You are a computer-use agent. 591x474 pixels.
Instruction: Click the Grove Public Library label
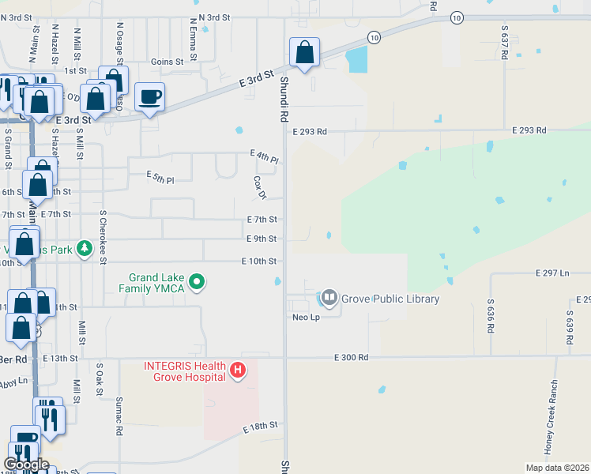390,299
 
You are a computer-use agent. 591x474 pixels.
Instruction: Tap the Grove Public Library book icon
328,299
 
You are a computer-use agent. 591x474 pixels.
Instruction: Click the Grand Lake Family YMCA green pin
198,281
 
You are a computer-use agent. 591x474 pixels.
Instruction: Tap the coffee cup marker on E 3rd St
149,97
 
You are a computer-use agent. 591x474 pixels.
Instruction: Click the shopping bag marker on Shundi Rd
304,53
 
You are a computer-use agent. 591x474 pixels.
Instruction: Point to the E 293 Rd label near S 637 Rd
529,130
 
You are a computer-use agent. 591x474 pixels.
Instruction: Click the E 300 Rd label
351,357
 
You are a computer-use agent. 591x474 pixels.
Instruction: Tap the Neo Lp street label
304,316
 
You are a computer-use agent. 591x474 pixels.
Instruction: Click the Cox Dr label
258,187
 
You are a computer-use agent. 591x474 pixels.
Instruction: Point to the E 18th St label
262,426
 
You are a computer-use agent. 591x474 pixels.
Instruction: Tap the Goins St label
167,61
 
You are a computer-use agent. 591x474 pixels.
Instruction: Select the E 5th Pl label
160,179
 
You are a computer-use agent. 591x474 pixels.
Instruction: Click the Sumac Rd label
120,417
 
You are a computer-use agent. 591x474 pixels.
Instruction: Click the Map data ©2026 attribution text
557,468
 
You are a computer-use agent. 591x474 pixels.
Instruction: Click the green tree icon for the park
104,250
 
